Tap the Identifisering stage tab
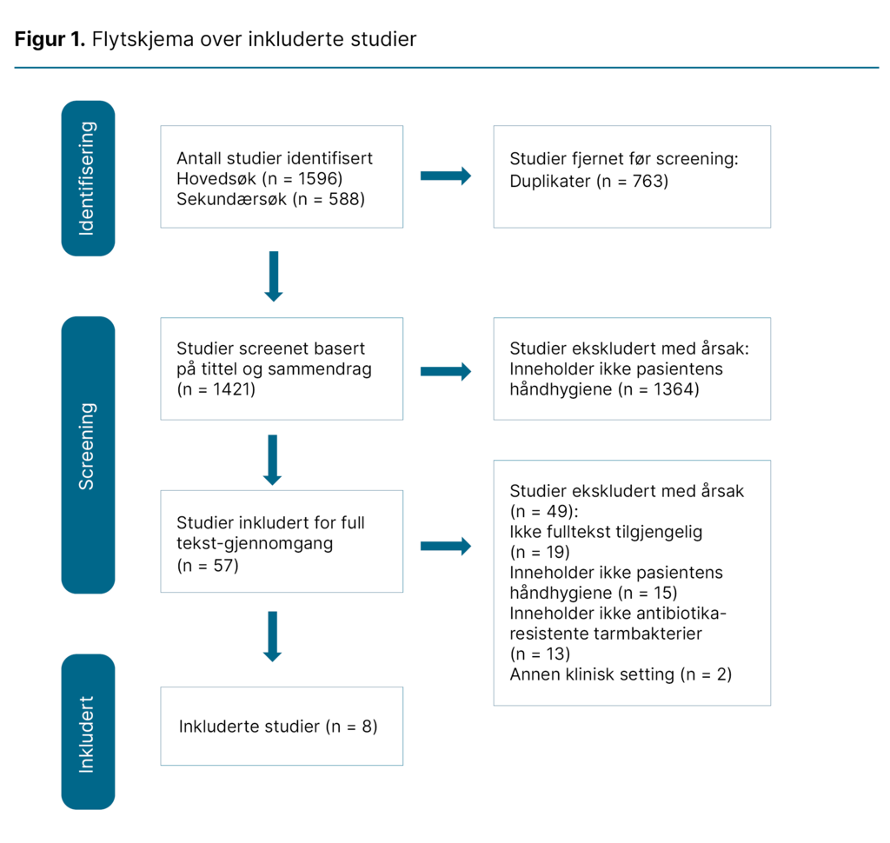(88, 178)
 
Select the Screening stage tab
(88, 455)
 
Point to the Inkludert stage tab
(88, 732)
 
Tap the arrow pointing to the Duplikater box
(446, 176)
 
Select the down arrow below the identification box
(273, 276)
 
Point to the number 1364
(670, 388)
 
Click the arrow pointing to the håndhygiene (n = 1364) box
(446, 372)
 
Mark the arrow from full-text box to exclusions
(446, 546)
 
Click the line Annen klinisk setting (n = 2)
(621, 674)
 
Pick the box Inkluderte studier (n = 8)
(282, 727)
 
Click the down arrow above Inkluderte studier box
(273, 636)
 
